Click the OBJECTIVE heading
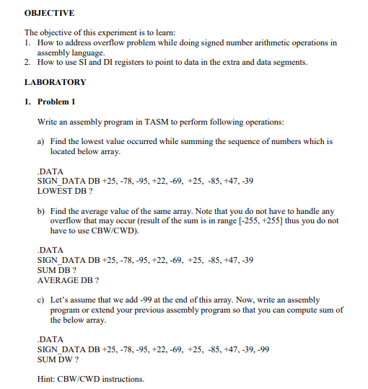pos(50,14)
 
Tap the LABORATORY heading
pos(55,82)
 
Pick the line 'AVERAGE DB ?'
pos(68,280)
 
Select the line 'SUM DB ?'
pos(56,269)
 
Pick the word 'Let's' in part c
pos(60,299)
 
